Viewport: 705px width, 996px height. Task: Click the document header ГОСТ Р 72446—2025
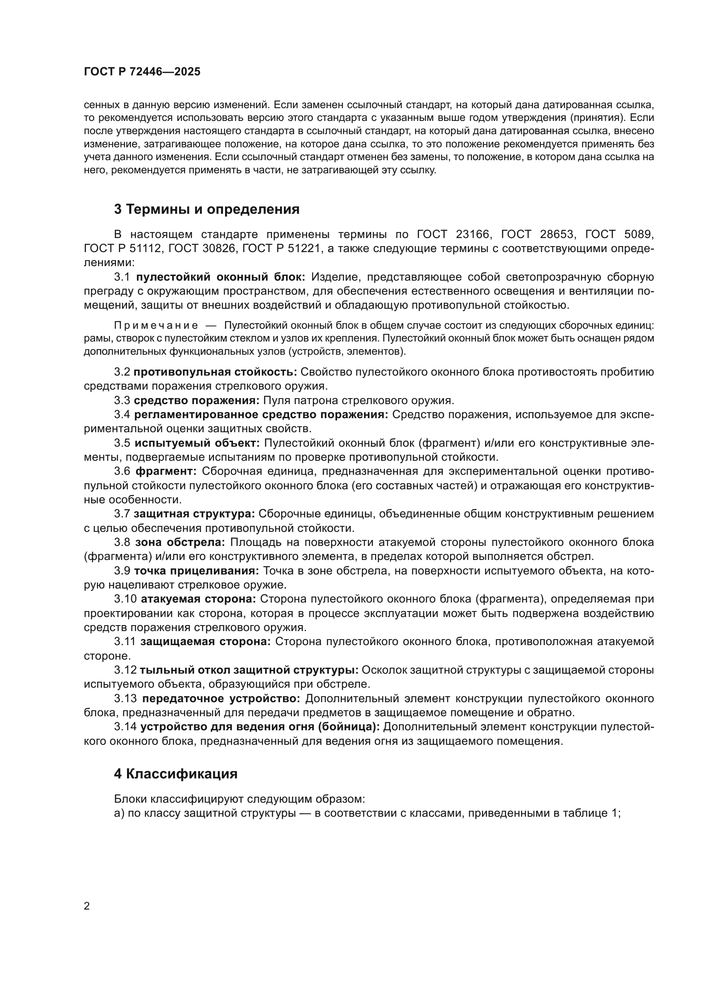point(142,72)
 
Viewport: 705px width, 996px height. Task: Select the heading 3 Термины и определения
point(207,210)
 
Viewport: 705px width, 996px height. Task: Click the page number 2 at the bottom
point(87,906)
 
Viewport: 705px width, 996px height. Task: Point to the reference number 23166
point(473,235)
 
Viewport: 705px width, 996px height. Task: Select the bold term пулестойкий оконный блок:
point(221,277)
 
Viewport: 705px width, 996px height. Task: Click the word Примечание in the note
point(156,325)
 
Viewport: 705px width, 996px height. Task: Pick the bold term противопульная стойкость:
point(215,372)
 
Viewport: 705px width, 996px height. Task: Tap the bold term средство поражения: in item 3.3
point(196,400)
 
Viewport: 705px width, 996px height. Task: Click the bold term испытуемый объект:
point(196,443)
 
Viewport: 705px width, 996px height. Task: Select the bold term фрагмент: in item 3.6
point(166,471)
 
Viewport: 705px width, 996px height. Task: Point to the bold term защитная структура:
point(194,514)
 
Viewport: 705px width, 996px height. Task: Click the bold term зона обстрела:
point(180,542)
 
